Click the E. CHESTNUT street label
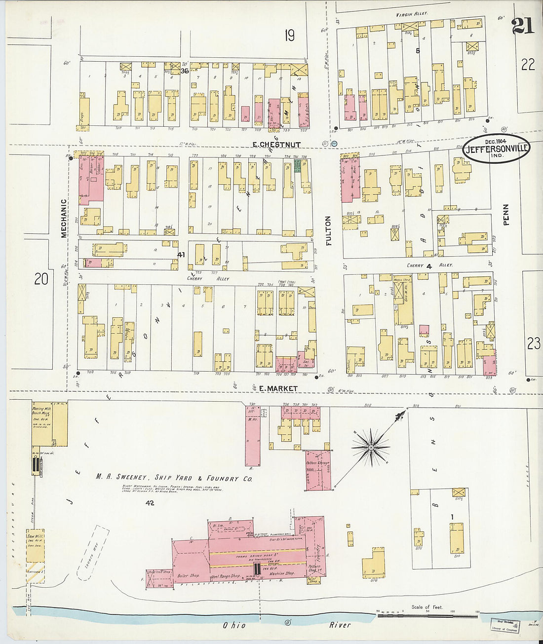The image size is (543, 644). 276,145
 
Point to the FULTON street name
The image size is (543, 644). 329,230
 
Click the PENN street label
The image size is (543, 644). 506,215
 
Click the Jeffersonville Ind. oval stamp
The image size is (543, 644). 496,150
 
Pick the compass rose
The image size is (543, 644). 371,447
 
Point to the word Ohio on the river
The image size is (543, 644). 234,625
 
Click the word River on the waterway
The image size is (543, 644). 340,625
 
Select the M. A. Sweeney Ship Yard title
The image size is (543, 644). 174,478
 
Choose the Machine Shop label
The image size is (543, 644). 282,573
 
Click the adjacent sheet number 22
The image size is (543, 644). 528,64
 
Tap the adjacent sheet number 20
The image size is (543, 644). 41,279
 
